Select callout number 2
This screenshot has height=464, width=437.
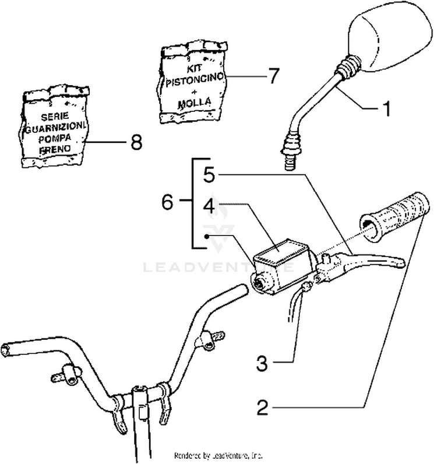(263, 407)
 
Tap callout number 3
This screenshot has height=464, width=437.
(263, 364)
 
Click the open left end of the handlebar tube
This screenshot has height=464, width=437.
(7, 349)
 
